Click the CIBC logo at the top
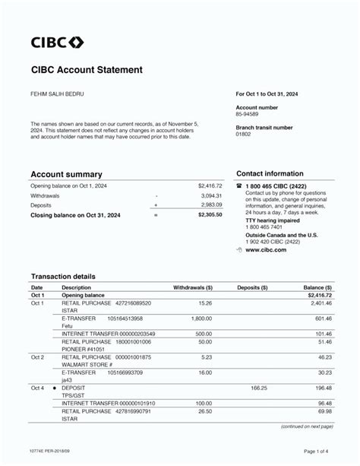click(x=57, y=42)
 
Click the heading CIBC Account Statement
click(x=86, y=70)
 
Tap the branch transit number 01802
click(x=243, y=134)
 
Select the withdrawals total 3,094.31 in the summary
click(x=211, y=195)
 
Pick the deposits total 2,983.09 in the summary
click(x=211, y=204)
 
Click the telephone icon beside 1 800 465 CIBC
click(x=239, y=185)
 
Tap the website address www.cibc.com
click(x=265, y=249)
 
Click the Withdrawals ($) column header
click(x=193, y=288)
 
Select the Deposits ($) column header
click(x=253, y=288)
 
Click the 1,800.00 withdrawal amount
click(x=201, y=319)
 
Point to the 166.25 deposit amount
click(x=259, y=388)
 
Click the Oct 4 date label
click(x=37, y=388)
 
